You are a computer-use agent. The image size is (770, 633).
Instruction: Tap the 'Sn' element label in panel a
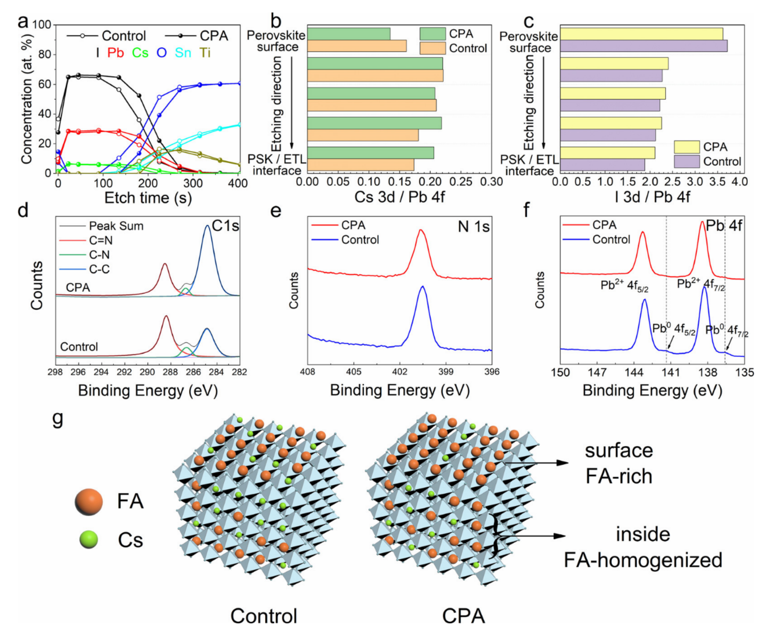point(183,53)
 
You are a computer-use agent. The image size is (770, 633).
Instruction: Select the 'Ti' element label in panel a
point(205,53)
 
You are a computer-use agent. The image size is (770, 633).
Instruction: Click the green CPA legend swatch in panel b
point(432,34)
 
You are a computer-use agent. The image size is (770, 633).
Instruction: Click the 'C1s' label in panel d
point(225,226)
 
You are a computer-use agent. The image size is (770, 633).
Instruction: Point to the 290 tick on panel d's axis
point(148,372)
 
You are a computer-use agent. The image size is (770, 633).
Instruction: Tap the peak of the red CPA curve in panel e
point(420,230)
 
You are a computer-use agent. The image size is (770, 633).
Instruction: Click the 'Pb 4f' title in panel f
point(724,226)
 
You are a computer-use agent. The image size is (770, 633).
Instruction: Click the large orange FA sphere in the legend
point(89,502)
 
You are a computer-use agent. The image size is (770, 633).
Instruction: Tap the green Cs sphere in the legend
point(89,540)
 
